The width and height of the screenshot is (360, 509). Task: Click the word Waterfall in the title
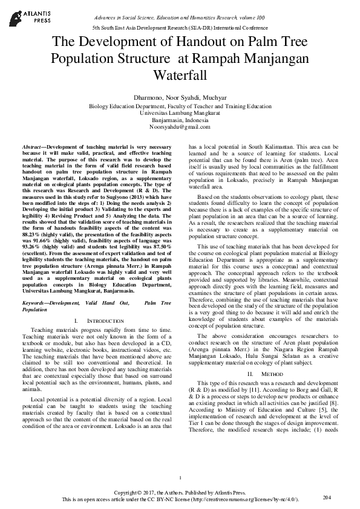pyautogui.click(x=180, y=76)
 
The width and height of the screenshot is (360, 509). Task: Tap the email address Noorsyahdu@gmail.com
pyautogui.click(x=180, y=127)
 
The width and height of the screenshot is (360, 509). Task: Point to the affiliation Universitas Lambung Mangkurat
pyautogui.click(x=180, y=112)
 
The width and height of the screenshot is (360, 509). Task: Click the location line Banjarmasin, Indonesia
pyautogui.click(x=180, y=120)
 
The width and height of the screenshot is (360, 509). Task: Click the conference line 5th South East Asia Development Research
pyautogui.click(x=180, y=28)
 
